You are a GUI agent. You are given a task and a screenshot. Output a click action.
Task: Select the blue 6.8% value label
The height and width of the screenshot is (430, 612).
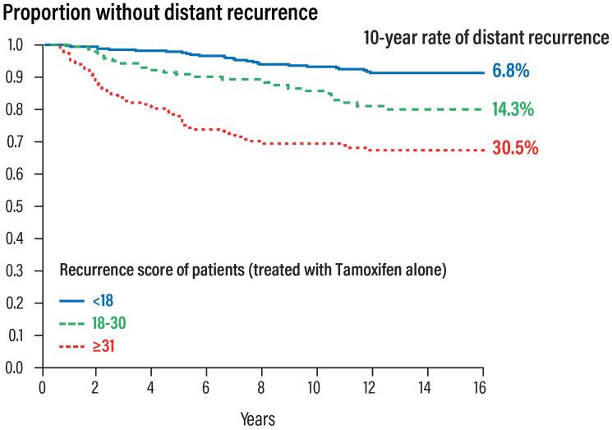(510, 71)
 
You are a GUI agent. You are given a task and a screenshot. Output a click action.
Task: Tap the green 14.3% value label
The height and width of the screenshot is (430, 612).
(513, 109)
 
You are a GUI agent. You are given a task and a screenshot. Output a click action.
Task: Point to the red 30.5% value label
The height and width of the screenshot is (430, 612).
(515, 149)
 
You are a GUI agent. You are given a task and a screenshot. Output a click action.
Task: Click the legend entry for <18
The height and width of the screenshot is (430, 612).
(103, 301)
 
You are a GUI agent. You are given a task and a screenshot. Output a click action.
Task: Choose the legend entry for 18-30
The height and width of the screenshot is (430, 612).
(109, 325)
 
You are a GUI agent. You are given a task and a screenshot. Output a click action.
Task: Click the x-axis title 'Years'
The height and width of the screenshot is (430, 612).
(258, 418)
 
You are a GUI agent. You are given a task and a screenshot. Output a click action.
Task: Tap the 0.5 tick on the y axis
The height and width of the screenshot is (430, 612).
(15, 206)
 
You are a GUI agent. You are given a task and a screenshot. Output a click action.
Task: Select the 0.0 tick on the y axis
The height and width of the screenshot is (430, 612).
(15, 368)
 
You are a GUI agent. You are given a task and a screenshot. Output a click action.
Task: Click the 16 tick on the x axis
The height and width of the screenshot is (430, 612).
(482, 386)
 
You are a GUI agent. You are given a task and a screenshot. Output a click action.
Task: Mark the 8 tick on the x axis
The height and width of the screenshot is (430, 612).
(261, 386)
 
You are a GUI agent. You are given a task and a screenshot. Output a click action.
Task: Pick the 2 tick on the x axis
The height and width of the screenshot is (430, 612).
(96, 386)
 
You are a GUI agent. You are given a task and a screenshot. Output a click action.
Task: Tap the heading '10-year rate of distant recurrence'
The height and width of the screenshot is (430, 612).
(486, 38)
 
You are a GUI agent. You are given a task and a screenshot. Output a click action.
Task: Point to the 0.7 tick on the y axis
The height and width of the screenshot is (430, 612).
(15, 141)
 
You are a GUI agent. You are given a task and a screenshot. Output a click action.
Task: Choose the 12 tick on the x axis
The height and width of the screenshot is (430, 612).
(371, 386)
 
